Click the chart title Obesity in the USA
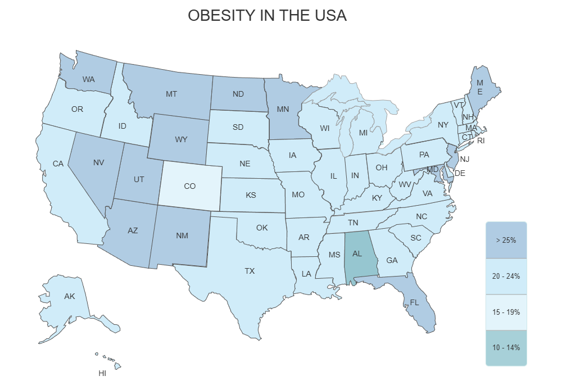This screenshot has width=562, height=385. click(x=267, y=16)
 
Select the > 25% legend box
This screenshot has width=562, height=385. click(x=506, y=240)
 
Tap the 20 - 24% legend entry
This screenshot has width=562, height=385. click(x=506, y=276)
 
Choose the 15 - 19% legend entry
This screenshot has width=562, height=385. click(x=506, y=312)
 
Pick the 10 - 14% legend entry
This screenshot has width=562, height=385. click(x=506, y=347)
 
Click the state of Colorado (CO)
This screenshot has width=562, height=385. click(x=190, y=186)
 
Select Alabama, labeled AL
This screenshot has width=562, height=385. click(x=357, y=253)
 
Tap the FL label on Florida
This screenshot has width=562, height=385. click(x=415, y=302)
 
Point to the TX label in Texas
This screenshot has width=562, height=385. click(x=250, y=271)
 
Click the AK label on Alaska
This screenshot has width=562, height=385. click(x=70, y=296)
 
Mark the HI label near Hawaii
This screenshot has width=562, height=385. click(x=102, y=373)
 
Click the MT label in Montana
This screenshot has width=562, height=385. click(x=171, y=94)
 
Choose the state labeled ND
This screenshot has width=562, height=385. click(x=238, y=94)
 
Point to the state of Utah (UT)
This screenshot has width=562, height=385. click(x=139, y=179)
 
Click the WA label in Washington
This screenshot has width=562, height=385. click(x=88, y=79)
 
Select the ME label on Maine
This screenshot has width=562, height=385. click(x=480, y=87)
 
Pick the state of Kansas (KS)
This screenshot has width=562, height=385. click(x=251, y=195)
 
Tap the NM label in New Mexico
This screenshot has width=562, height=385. click(x=182, y=235)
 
